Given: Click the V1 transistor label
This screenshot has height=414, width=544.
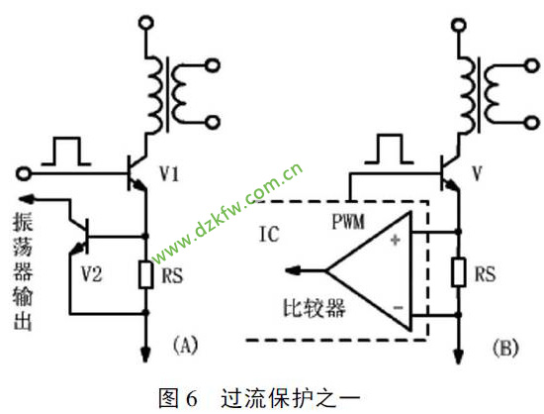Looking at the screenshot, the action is (169, 173).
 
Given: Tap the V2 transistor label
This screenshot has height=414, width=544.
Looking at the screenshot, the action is (92, 274).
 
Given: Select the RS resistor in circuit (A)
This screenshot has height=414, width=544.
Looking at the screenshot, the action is (146, 275).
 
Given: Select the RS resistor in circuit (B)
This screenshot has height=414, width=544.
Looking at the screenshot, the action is (459, 272).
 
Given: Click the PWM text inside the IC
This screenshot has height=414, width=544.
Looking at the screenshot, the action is (348, 221).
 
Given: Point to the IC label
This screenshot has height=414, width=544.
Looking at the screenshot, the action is (269, 234).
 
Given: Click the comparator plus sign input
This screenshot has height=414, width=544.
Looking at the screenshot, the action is (396, 240).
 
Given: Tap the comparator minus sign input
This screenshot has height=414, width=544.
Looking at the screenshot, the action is (398, 307).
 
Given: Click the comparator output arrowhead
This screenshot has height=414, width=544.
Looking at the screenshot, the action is (292, 269).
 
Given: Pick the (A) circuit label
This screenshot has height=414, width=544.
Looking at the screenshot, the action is (185, 346).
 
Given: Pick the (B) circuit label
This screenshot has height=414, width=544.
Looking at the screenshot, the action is (505, 348).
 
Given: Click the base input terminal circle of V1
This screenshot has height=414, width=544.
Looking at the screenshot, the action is (24, 173).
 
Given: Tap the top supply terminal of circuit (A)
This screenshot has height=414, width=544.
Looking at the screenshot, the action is (145, 23).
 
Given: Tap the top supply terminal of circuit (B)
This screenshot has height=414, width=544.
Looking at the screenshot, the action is (459, 25).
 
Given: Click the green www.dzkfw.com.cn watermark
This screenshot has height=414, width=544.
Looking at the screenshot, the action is (227, 214).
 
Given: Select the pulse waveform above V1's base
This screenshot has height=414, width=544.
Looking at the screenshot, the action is (66, 152).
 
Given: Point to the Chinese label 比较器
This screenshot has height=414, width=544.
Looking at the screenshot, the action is (315, 308).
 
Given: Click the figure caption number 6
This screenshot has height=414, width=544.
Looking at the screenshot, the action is (192, 399).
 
